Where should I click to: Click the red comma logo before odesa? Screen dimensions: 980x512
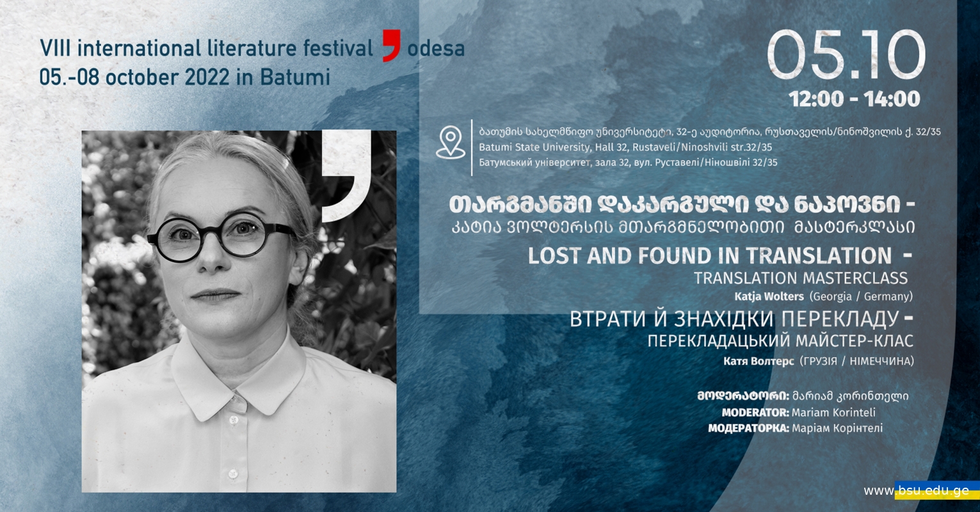391,45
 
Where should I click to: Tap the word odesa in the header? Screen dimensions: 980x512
436,49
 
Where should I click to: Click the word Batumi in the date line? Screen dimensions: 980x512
295,77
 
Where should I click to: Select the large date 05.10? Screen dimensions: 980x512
847,55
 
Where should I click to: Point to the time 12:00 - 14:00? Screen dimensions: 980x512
855,99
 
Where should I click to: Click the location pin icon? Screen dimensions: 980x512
450,142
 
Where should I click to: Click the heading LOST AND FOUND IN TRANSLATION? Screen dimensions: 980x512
710,255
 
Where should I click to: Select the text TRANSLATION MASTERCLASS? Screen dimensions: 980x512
801,278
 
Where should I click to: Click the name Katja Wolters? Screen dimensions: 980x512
769,296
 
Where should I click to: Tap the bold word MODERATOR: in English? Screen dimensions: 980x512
755,412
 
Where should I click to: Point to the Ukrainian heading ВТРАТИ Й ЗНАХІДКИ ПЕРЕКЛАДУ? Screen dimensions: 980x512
734,319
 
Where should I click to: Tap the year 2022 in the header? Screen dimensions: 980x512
207,77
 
